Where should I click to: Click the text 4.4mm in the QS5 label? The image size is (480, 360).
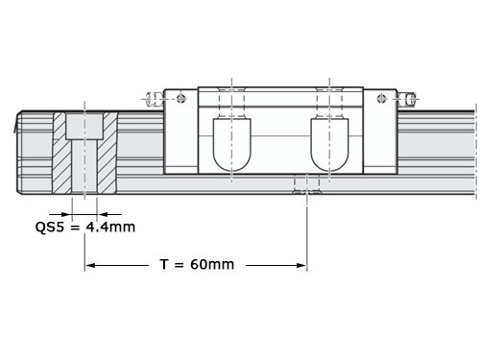pos(110,227)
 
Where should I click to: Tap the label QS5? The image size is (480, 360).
pos(50,228)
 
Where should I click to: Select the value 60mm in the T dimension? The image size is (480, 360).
pos(212,265)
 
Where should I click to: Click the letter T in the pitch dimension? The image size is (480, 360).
pos(164,265)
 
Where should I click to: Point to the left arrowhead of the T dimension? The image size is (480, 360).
pos(91,265)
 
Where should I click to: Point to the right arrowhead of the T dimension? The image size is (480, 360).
pos(301,265)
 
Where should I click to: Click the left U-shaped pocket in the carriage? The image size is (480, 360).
pos(232,145)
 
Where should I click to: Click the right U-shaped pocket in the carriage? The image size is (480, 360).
pos(329,145)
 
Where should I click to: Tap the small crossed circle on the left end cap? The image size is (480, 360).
pos(181,98)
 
